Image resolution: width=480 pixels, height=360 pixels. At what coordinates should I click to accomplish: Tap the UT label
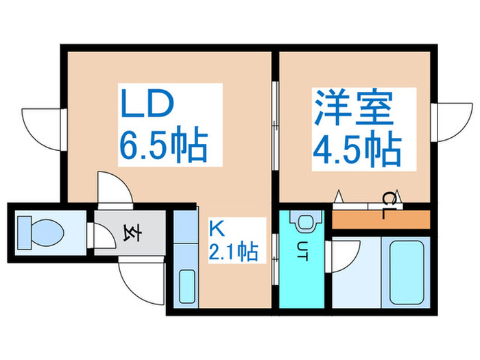tap(302, 248)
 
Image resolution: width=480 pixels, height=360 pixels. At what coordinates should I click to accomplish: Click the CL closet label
tap(389, 204)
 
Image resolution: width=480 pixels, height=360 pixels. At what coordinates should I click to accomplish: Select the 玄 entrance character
tap(130, 233)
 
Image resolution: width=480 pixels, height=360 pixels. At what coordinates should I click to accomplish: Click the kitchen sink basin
tap(186, 287)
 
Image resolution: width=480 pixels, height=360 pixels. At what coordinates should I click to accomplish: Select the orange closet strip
tap(381, 219)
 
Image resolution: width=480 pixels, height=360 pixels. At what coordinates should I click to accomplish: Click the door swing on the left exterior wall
tap(40, 124)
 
